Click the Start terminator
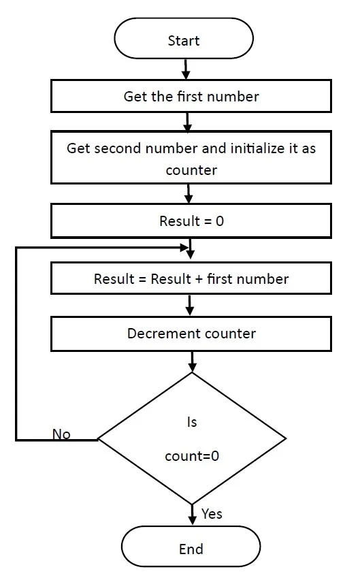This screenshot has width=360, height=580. point(184,39)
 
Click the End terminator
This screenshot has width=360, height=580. point(191,547)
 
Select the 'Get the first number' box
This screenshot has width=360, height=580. point(191,96)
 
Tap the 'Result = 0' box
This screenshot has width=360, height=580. point(191,221)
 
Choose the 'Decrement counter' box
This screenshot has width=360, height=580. point(191,334)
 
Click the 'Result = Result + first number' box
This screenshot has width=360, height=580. point(191,278)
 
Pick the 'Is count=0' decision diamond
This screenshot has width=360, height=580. point(192,438)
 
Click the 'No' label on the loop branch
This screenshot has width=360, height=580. point(61,434)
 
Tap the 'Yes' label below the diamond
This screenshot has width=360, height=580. point(212,514)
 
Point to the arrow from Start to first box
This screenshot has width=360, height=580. point(186,69)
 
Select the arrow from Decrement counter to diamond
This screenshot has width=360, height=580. point(192,361)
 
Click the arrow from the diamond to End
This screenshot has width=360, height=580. point(192,515)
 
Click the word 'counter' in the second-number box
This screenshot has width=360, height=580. point(191,170)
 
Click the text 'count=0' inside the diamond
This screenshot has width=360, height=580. point(192,456)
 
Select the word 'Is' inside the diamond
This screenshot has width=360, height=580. point(192,422)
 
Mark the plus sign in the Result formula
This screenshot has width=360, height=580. point(199,279)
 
